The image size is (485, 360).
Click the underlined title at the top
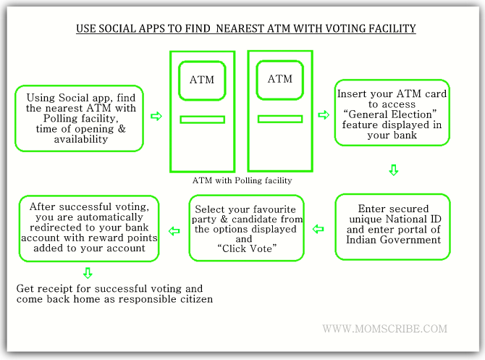[x=246, y=28]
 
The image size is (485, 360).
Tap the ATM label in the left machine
[x=202, y=80]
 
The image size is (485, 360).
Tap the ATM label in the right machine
[x=280, y=79]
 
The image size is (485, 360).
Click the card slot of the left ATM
[x=202, y=120]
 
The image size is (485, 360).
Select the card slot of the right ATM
[x=280, y=119]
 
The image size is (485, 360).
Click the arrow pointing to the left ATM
[x=156, y=117]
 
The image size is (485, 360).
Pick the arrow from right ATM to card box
[x=324, y=115]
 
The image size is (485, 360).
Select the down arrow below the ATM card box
[x=394, y=170]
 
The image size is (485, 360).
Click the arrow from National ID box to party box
[x=319, y=229]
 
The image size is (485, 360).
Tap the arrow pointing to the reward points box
[x=174, y=231]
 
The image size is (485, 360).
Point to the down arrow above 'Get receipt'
[x=88, y=273]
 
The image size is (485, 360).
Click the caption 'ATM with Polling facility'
[x=242, y=180]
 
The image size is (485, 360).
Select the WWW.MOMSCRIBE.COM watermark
[x=385, y=328]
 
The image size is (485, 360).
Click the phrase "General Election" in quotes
[x=390, y=114]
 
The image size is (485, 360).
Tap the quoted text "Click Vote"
[x=247, y=248]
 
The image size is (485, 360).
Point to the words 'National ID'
[x=413, y=219]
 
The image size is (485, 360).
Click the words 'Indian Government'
[x=394, y=240]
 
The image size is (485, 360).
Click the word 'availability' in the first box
[x=81, y=139]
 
